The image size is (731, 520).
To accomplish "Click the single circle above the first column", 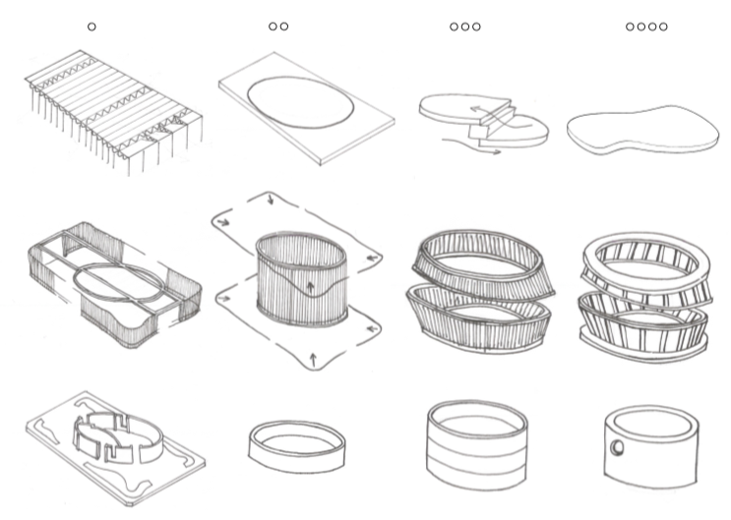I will pyautogui.click(x=91, y=27).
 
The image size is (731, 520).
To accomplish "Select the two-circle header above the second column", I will pyautogui.click(x=278, y=27).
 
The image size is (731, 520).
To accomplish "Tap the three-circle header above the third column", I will pyautogui.click(x=464, y=27).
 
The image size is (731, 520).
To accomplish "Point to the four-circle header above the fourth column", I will pyautogui.click(x=646, y=27).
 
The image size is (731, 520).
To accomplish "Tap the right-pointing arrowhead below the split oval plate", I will pyautogui.click(x=497, y=151).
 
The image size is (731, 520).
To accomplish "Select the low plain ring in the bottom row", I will pyautogui.click(x=296, y=447).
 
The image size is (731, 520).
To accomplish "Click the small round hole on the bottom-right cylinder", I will pyautogui.click(x=617, y=447).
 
